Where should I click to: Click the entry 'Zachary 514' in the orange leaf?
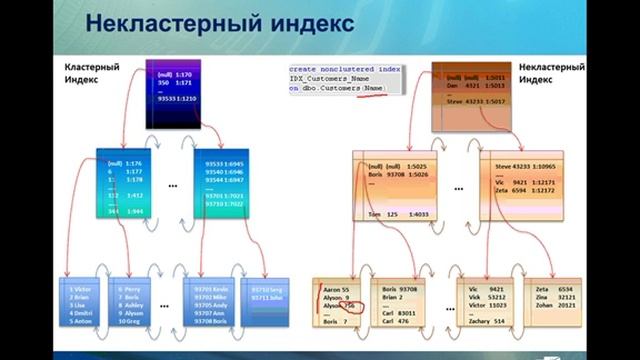pos(487,320)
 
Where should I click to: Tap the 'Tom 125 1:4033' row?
pos(398,213)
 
